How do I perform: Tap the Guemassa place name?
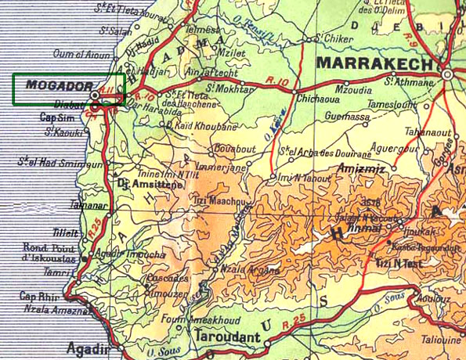348,117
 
